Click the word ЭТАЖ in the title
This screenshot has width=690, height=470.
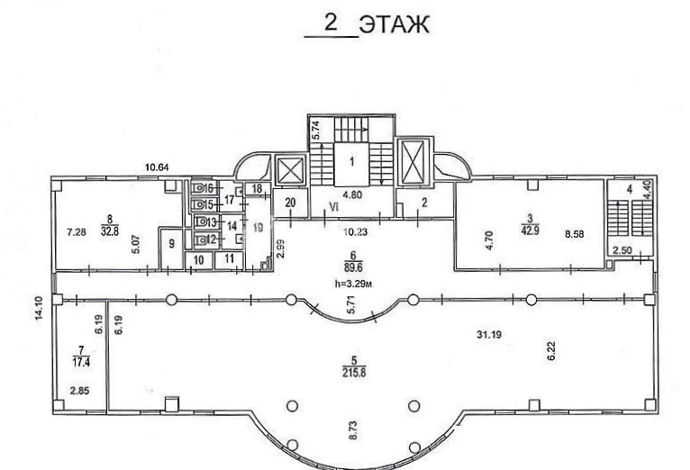tap(394, 24)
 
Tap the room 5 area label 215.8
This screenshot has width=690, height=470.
tap(354, 373)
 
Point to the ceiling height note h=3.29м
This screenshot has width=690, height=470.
tap(353, 284)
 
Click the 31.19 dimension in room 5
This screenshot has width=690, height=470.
tap(489, 335)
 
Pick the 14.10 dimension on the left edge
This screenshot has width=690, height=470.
tap(39, 308)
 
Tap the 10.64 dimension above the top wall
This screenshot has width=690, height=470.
tap(157, 167)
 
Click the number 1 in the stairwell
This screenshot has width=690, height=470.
tap(352, 162)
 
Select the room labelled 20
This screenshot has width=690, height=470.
tap(290, 203)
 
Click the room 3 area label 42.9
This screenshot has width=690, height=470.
tap(530, 230)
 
